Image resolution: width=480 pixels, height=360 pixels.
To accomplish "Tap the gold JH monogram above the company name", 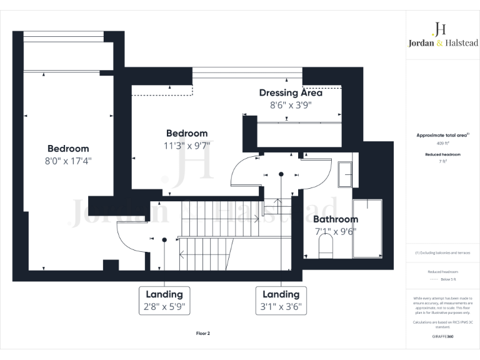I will tap(439, 28).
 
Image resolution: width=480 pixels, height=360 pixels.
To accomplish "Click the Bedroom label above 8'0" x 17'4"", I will tap(68, 149).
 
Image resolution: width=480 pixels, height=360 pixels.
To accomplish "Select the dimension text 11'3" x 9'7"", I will tap(186, 145).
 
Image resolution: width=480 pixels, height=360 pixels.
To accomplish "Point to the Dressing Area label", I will tap(291, 92).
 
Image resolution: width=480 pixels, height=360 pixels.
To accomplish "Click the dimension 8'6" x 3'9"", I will tap(291, 105).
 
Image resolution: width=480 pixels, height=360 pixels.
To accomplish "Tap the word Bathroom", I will tap(336, 219).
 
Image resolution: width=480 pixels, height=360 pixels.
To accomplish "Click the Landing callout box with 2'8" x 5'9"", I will tap(164, 300).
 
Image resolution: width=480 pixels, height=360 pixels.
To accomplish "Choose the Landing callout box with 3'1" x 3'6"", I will tap(281, 300).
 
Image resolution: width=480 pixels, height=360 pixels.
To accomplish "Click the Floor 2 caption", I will tap(203, 334).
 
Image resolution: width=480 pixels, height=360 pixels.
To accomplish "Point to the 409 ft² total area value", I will tap(442, 143).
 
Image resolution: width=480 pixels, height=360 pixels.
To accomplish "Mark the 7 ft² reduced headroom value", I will tap(442, 161).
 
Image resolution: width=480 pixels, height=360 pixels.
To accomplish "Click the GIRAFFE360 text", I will tap(442, 336).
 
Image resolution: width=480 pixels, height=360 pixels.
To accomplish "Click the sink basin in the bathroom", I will tap(345, 174).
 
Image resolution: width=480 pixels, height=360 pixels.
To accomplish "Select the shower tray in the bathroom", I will tap(367, 229).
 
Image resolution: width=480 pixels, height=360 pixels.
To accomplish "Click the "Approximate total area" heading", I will tap(442, 135).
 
